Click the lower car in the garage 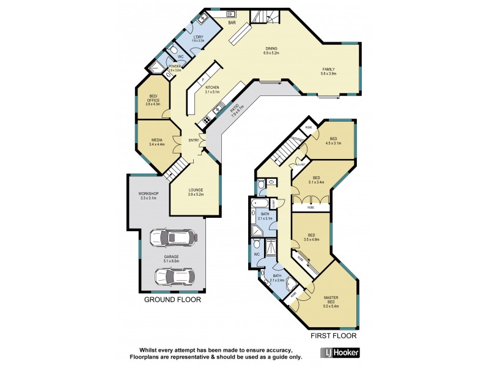coord(174,277)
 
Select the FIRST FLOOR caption coord(333,336)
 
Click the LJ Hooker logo coord(340,353)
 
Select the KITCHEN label coord(213,87)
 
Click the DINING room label coord(272,49)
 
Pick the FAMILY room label coord(328,69)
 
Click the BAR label coord(232,23)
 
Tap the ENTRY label coord(194,141)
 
